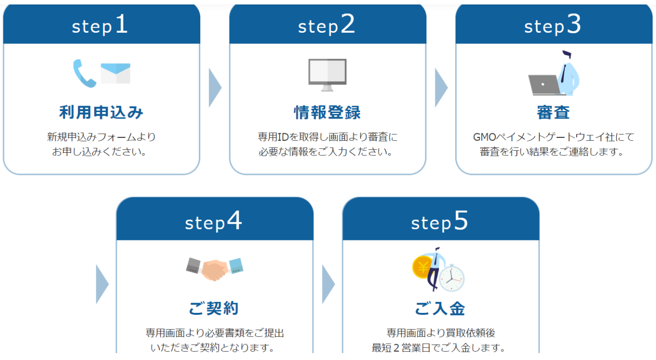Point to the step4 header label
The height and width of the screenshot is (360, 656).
click(214, 222)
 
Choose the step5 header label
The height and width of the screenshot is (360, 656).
click(440, 222)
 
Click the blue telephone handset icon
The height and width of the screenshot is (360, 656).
click(84, 73)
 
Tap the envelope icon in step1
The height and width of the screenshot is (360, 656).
click(115, 73)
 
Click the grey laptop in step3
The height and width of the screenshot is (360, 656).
click(543, 85)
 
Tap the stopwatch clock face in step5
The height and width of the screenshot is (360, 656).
click(452, 279)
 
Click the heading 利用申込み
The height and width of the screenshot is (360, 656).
click(101, 113)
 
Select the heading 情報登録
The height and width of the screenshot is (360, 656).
click(327, 113)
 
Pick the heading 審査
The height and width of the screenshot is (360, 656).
click(553, 113)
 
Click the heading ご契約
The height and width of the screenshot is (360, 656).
click(214, 308)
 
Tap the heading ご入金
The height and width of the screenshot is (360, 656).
click(440, 308)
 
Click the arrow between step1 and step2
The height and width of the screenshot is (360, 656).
click(214, 88)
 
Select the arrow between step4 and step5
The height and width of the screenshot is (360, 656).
click(328, 284)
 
